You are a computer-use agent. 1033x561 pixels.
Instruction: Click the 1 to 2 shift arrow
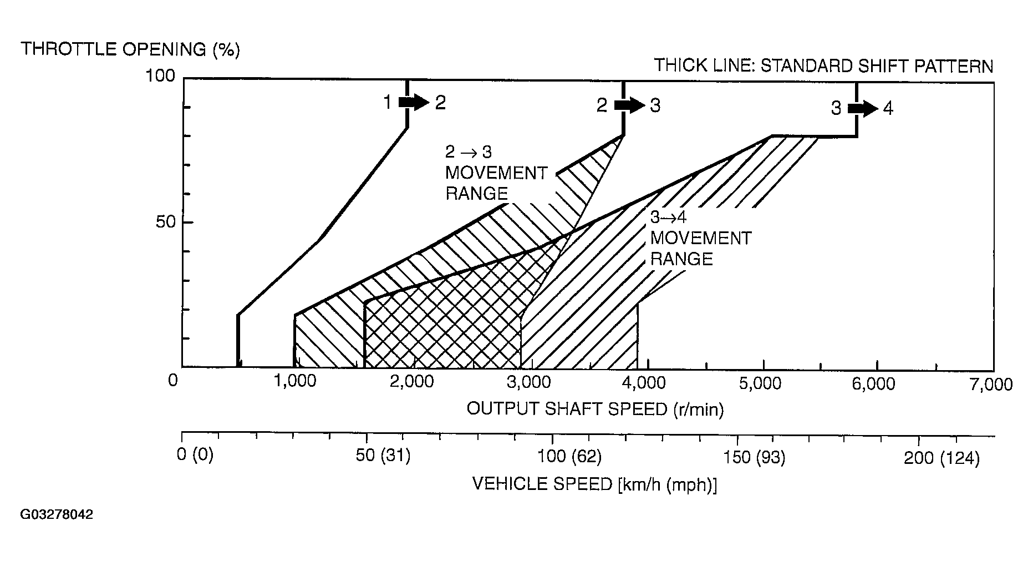[414, 102]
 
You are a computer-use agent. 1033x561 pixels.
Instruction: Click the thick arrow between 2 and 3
[629, 105]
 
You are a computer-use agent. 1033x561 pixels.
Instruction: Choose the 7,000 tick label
[991, 384]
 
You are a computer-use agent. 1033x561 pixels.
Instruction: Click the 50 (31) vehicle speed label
[383, 457]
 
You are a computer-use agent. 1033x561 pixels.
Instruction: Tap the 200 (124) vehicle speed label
[942, 458]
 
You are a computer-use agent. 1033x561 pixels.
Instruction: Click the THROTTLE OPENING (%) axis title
[130, 49]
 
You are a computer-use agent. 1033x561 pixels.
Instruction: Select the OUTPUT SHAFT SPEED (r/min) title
[595, 410]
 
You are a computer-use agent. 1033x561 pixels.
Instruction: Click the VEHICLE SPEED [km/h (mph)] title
[594, 484]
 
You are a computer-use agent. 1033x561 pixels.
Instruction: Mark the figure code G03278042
[57, 515]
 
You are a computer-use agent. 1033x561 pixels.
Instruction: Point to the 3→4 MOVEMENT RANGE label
[700, 239]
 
